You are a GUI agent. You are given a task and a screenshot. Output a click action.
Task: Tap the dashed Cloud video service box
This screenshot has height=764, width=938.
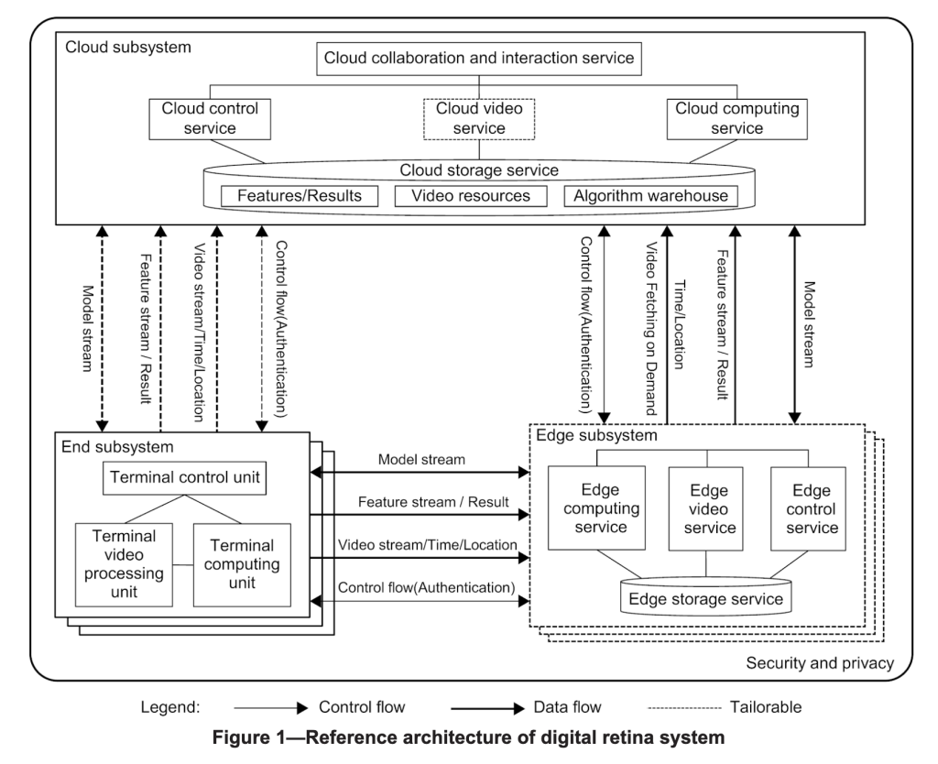click(480, 118)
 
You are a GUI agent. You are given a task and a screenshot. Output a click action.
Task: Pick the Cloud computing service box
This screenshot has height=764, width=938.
click(737, 118)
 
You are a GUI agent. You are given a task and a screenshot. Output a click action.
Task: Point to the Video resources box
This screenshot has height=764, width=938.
click(469, 196)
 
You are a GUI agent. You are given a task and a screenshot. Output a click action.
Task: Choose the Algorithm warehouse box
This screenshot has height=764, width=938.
click(646, 196)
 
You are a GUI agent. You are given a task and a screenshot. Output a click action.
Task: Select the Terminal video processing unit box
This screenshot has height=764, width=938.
click(125, 564)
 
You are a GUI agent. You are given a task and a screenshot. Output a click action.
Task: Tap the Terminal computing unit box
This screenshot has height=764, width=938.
click(242, 564)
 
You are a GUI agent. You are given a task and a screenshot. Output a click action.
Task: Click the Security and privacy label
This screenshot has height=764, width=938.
click(820, 662)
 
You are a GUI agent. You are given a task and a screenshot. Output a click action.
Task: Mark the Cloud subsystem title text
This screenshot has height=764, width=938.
click(127, 45)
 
